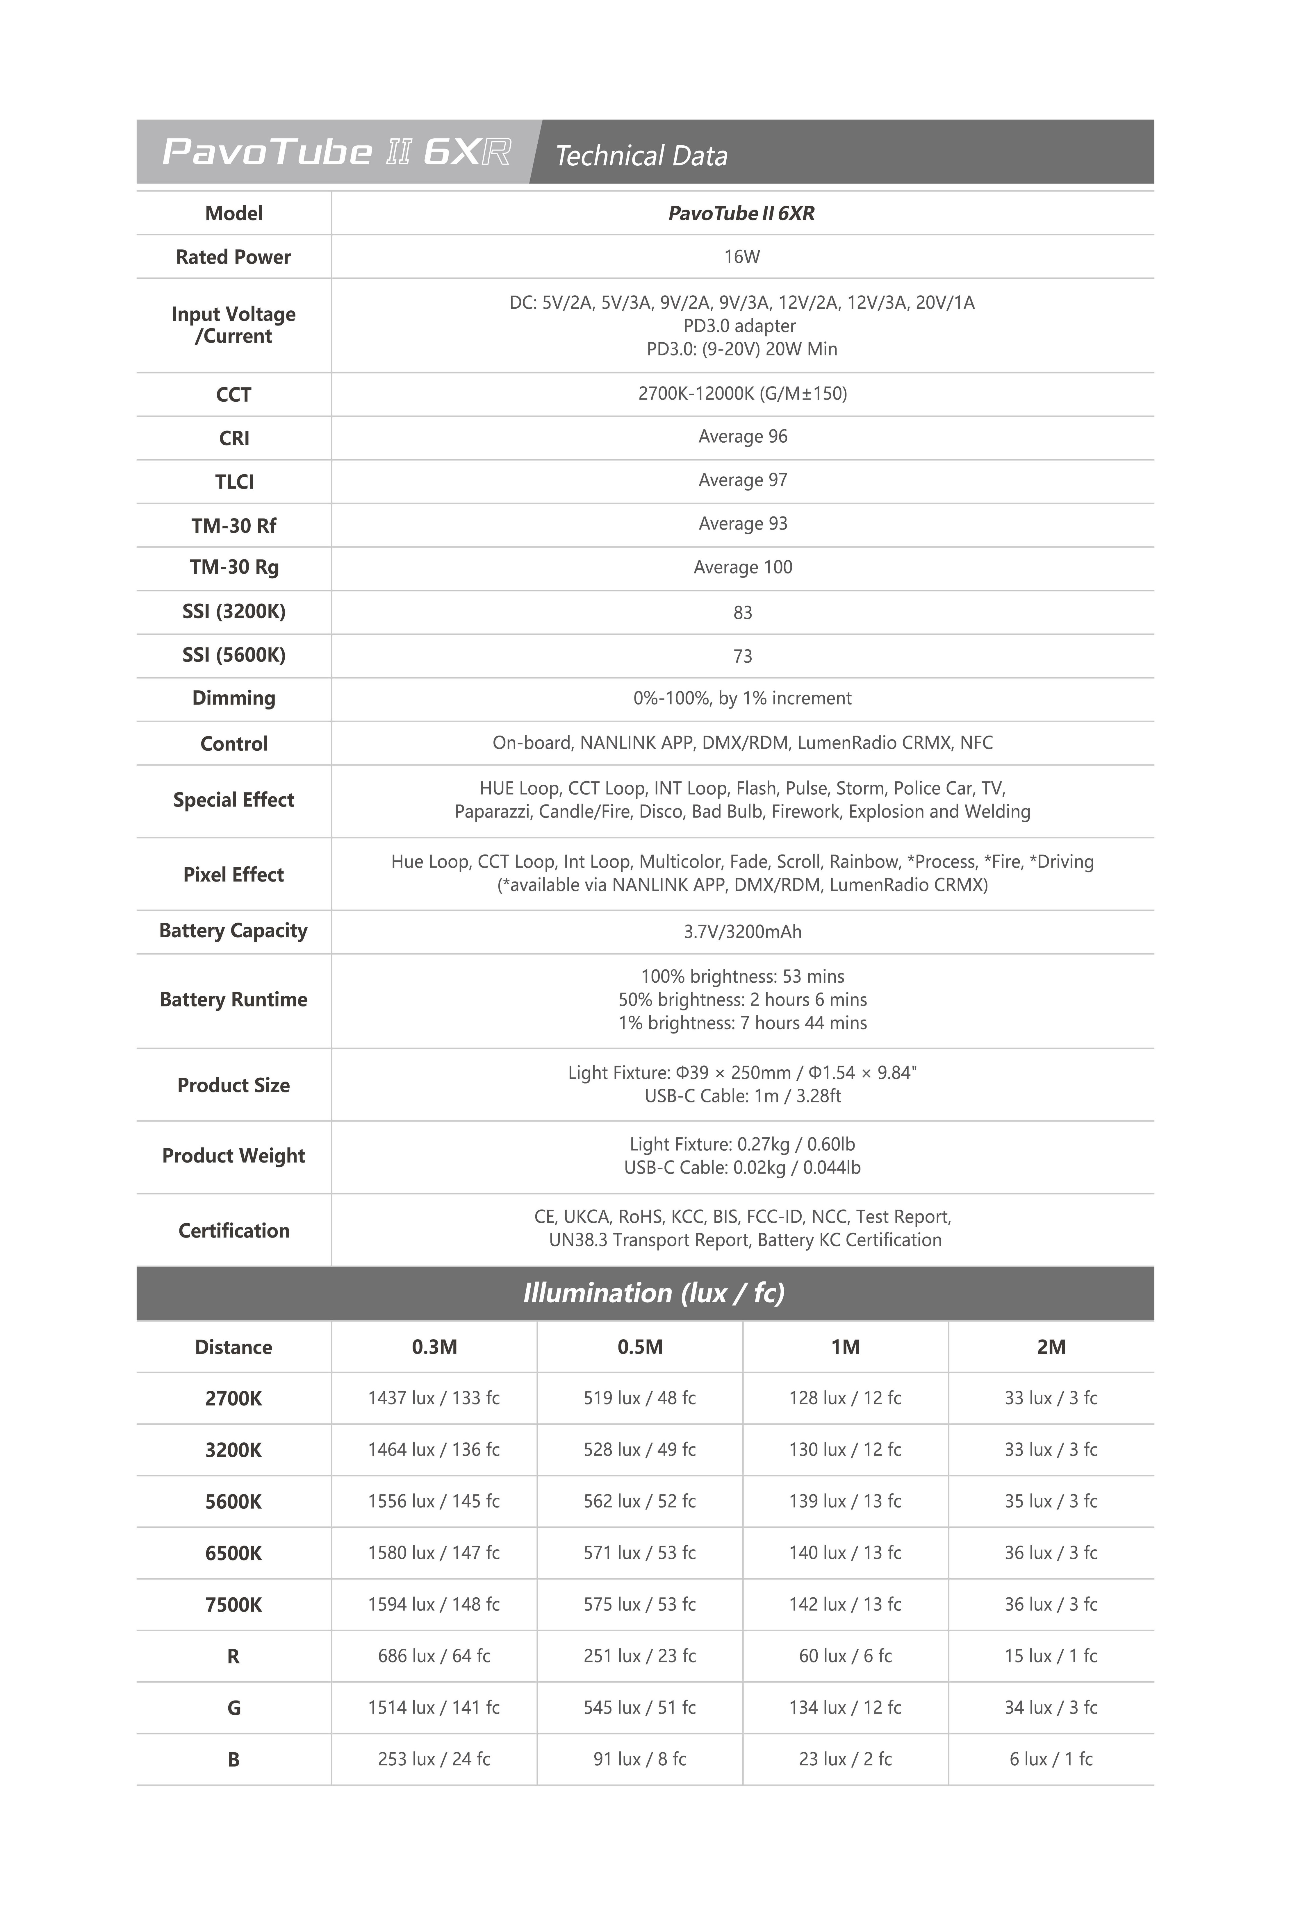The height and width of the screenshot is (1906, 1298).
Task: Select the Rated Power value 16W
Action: [x=742, y=257]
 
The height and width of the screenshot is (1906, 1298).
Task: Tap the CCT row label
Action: [x=234, y=394]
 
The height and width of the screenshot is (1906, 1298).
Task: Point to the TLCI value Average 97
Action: [x=743, y=480]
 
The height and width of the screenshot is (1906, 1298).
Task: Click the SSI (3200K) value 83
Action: [x=743, y=613]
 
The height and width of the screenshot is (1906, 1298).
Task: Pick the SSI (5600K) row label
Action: [x=234, y=655]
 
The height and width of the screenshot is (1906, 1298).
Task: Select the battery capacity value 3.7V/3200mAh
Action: [x=743, y=932]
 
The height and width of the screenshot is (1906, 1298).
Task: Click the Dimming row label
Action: [x=234, y=698]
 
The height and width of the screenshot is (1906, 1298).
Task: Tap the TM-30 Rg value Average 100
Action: [x=743, y=567]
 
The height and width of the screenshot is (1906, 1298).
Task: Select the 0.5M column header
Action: [x=640, y=1347]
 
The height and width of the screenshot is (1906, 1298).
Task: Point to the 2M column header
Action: [x=1051, y=1347]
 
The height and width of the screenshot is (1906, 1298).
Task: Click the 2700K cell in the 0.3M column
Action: [x=434, y=1397]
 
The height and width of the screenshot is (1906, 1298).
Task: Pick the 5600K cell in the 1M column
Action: [x=845, y=1501]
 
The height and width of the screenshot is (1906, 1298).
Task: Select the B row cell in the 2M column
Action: [x=1051, y=1758]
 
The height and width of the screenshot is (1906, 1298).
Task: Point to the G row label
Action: [x=234, y=1707]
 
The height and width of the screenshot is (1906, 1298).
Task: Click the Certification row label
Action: [x=234, y=1230]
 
